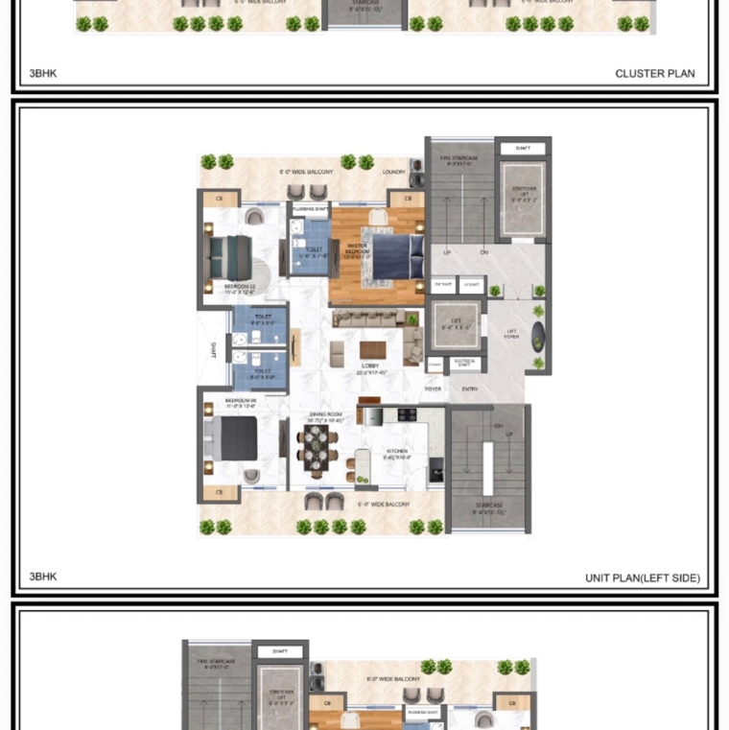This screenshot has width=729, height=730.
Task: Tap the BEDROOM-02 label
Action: [239, 287]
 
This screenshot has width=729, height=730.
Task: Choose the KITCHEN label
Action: [397, 454]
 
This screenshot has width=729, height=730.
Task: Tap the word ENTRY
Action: [470, 389]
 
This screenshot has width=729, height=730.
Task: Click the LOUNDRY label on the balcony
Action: [394, 172]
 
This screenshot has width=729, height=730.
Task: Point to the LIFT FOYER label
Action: [512, 335]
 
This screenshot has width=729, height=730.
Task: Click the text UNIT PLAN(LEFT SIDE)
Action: [642, 577]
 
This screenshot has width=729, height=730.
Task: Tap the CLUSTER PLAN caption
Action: [654, 73]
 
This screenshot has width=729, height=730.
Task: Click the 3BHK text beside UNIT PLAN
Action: [43, 577]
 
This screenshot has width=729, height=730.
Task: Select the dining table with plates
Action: [318, 447]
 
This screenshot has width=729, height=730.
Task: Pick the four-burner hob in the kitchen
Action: [406, 415]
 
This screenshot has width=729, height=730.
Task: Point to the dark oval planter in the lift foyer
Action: [539, 336]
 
